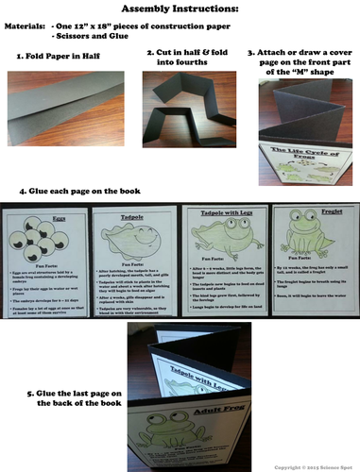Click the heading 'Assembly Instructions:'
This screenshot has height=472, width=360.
[x=180, y=8]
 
